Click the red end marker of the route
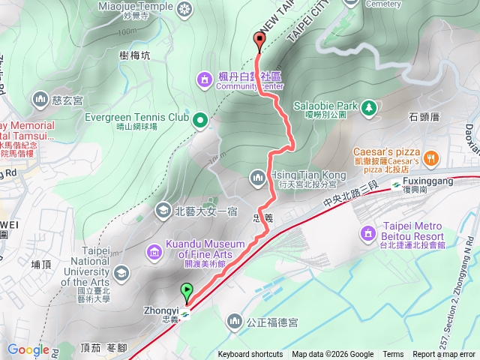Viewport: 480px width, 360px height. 259,40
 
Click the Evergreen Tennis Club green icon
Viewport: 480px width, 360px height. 200,119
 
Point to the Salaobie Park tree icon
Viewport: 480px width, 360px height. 369,108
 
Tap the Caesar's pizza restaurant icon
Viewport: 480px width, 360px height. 430,157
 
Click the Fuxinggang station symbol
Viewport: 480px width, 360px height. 395,184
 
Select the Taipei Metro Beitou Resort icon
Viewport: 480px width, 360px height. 367,235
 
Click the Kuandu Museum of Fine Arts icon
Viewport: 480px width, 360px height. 154,251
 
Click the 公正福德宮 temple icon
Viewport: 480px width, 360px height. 234,322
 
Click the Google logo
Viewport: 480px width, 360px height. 28,349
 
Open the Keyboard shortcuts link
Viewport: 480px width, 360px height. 250,355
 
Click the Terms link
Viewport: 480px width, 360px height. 393,355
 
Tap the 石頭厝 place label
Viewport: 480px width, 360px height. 424,116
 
